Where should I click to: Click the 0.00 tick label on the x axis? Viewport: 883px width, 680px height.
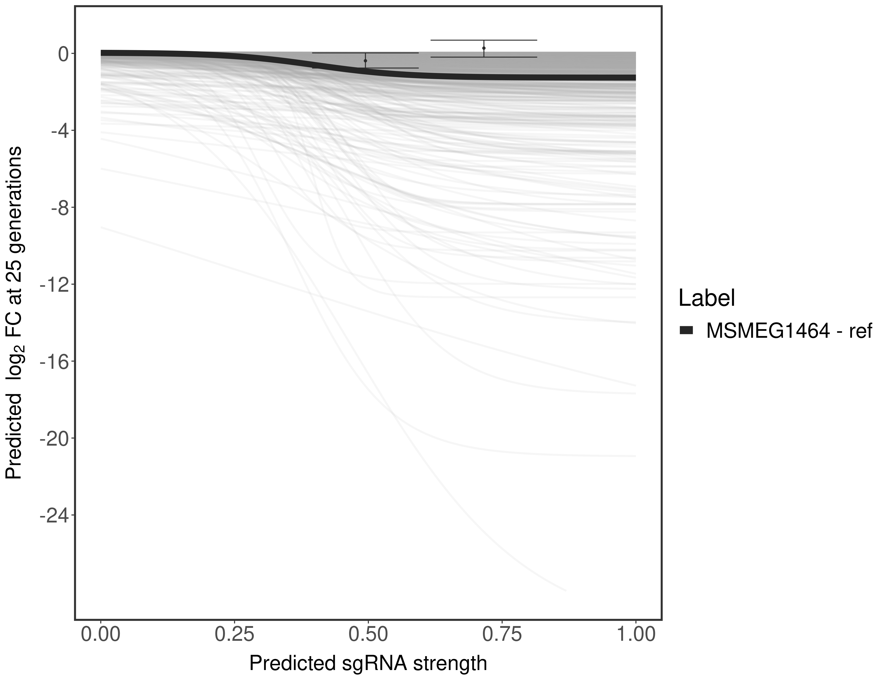tap(101, 634)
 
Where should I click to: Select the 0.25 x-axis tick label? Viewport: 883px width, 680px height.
tap(235, 634)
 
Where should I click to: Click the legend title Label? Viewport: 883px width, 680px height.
tap(707, 298)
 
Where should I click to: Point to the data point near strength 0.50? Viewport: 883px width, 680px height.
tap(365, 61)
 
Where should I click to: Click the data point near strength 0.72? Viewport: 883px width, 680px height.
tap(484, 48)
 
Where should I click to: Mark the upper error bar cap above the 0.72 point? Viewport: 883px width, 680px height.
tap(484, 40)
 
